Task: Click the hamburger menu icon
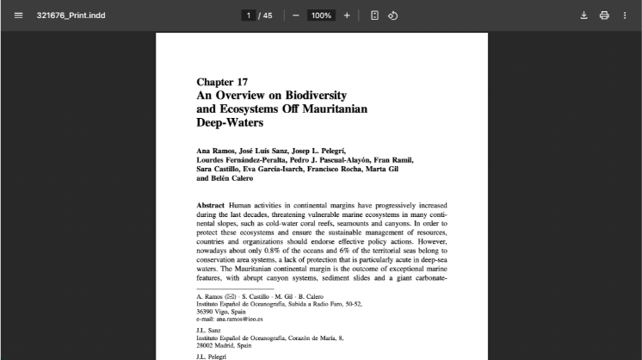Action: click(x=18, y=16)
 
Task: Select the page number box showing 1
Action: click(x=249, y=16)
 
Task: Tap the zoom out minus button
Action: click(x=295, y=16)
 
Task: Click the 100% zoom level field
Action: click(x=321, y=16)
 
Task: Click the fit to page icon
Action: click(x=374, y=16)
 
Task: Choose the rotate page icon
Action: click(x=392, y=16)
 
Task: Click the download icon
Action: click(x=583, y=16)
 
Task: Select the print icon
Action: click(x=604, y=16)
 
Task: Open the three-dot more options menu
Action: click(x=625, y=16)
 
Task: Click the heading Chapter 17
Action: click(x=222, y=82)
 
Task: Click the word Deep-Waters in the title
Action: click(x=230, y=123)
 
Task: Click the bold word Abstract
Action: click(x=211, y=207)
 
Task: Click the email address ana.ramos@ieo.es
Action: click(x=239, y=319)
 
